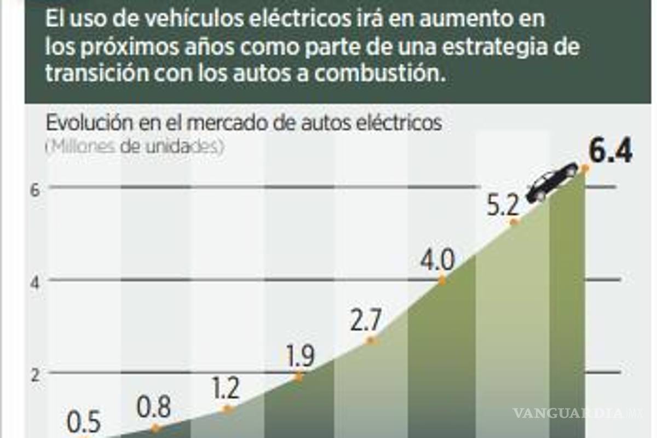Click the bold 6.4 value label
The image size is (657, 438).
click(x=610, y=153)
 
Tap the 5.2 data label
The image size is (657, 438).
click(x=503, y=206)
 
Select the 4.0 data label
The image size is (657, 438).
click(x=437, y=262)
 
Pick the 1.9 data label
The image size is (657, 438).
click(x=300, y=358)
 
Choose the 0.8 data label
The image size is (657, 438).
click(x=154, y=408)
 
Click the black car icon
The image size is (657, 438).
click(x=552, y=182)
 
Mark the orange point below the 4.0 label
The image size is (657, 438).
click(x=442, y=280)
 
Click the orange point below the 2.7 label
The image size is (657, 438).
click(x=371, y=340)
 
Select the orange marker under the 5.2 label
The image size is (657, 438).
click(x=514, y=222)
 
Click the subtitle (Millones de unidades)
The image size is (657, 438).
click(x=135, y=147)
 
